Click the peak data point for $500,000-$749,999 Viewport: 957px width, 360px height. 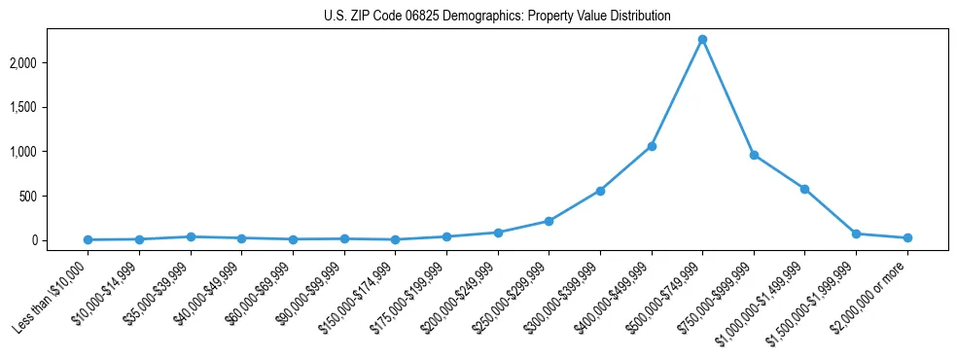(702, 40)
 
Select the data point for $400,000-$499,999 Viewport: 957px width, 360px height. (652, 146)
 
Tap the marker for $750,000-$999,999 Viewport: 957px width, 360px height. (754, 155)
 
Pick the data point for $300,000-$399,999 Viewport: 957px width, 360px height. (600, 191)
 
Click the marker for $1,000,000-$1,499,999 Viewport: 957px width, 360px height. (804, 189)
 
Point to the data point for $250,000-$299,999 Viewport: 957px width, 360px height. (549, 221)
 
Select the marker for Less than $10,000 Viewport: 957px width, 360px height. (89, 239)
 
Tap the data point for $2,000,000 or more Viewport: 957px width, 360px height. (907, 237)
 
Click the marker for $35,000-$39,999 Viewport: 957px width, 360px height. (191, 236)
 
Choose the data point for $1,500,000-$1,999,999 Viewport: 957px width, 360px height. (856, 234)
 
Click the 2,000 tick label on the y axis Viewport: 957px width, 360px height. (50, 63)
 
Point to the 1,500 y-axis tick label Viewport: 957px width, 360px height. (50, 107)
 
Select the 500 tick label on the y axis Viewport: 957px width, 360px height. (55, 197)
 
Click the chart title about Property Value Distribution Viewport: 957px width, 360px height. (497, 17)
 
